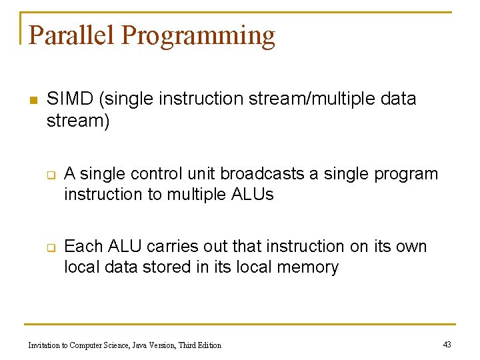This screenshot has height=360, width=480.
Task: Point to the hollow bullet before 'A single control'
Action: point(50,175)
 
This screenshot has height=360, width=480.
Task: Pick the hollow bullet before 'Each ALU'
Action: point(50,248)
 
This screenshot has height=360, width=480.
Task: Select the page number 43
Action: point(447,344)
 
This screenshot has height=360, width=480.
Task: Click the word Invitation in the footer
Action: point(45,345)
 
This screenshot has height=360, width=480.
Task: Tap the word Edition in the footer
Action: point(208,345)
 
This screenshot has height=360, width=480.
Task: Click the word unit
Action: point(202,174)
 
